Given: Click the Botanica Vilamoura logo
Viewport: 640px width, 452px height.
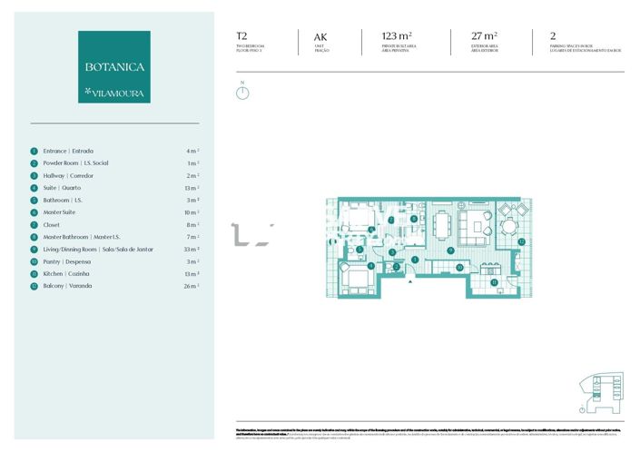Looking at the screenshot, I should [x=113, y=66].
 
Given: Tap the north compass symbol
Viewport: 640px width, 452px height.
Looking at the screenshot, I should [x=242, y=92].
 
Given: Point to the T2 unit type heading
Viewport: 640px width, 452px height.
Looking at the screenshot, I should [x=241, y=36].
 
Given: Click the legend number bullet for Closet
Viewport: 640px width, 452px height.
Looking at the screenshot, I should [x=34, y=224].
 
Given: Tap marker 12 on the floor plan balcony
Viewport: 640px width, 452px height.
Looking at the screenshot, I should [x=521, y=241].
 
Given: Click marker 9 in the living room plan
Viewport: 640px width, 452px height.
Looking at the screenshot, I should [x=451, y=250].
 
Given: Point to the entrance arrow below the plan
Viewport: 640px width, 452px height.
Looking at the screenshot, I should [x=411, y=280].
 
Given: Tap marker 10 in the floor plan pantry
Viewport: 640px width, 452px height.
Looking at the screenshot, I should [x=458, y=268].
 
